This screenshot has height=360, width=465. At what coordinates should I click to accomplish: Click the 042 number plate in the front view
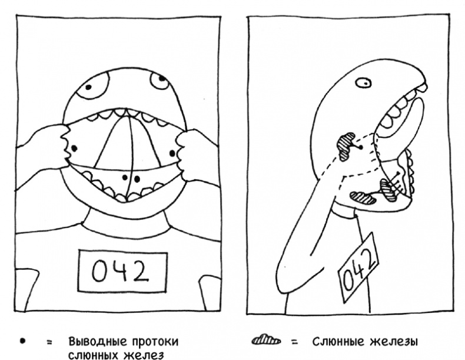click(x=123, y=271)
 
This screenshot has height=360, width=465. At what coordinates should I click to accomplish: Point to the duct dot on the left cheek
click(x=75, y=148)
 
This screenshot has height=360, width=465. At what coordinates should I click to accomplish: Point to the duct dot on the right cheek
click(x=172, y=153)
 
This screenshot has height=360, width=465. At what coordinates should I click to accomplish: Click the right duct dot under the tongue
click(x=137, y=178)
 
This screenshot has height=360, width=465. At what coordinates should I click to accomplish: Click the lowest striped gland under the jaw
click(x=363, y=197)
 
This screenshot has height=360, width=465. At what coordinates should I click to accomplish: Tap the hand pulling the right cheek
click(x=194, y=153)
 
